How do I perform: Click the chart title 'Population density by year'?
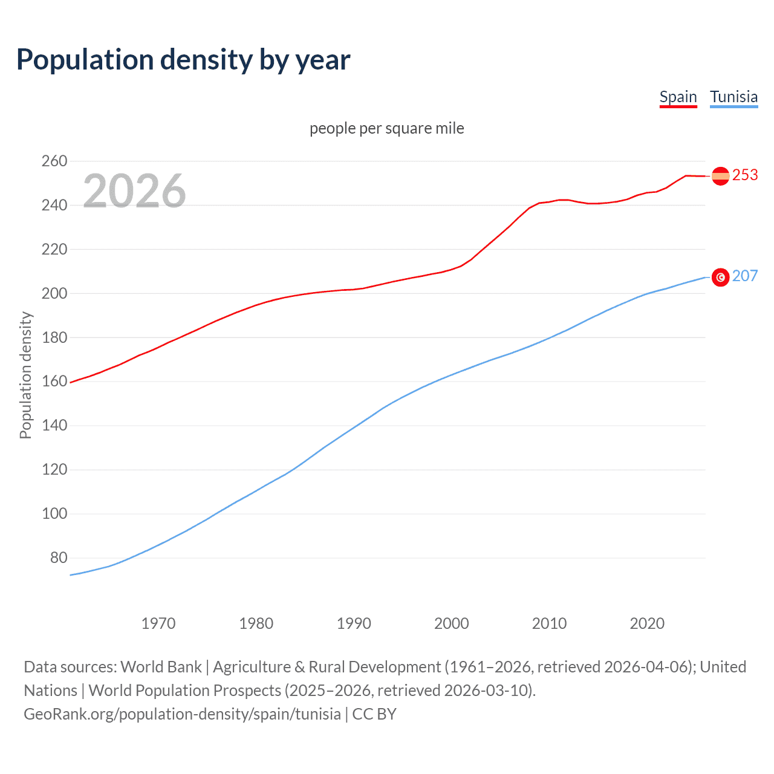point(183,60)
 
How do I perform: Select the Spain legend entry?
point(678,97)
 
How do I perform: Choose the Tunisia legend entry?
point(733,97)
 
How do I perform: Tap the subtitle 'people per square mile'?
point(387,128)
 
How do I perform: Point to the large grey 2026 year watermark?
point(134,190)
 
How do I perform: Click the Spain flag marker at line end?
point(720,176)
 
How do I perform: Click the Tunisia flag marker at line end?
point(720,277)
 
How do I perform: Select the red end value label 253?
point(745,175)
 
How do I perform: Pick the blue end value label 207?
point(745,276)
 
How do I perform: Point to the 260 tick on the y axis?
point(54,161)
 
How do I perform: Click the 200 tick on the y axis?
point(54,293)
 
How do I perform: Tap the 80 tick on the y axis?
point(59,558)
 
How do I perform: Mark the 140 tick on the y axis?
point(54,425)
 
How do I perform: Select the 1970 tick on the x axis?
point(158,623)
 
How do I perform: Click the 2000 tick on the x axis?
point(452,623)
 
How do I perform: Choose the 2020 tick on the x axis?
point(647,623)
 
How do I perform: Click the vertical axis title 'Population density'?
point(25,375)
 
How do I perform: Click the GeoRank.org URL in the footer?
point(182,714)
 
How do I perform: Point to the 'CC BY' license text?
point(374,714)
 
